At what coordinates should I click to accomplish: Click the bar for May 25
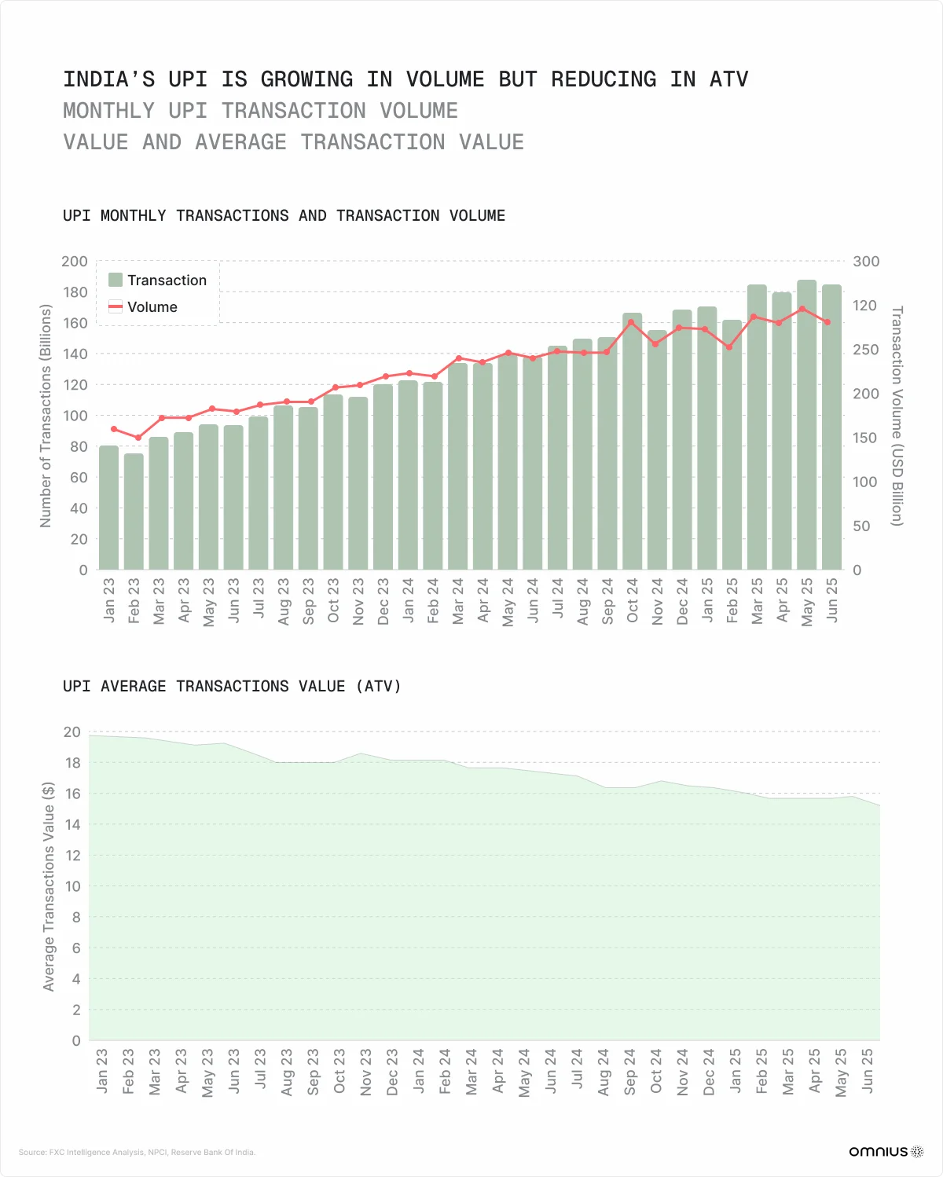tap(806, 424)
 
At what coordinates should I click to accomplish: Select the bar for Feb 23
tap(134, 511)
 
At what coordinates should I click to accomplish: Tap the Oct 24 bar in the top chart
tap(632, 441)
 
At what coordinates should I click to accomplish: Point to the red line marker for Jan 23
tap(113, 429)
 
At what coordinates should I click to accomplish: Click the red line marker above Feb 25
tap(730, 346)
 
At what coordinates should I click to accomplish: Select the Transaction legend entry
tap(158, 280)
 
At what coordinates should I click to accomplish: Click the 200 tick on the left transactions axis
tap(75, 262)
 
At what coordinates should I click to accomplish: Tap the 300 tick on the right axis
tap(866, 262)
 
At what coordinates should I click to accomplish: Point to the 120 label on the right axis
tap(864, 306)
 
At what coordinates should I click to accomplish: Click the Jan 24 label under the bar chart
tap(408, 600)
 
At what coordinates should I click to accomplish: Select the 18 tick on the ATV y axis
tap(73, 763)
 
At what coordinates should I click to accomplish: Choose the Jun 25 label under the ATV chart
tap(868, 1069)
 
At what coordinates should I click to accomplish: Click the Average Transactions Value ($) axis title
tap(49, 886)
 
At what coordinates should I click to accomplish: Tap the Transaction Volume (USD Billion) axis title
tap(897, 416)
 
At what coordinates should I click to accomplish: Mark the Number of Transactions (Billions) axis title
tap(46, 416)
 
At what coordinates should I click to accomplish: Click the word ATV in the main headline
tap(728, 79)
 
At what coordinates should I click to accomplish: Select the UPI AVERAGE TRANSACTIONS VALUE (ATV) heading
tap(232, 687)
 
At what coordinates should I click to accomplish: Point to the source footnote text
tap(137, 1153)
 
